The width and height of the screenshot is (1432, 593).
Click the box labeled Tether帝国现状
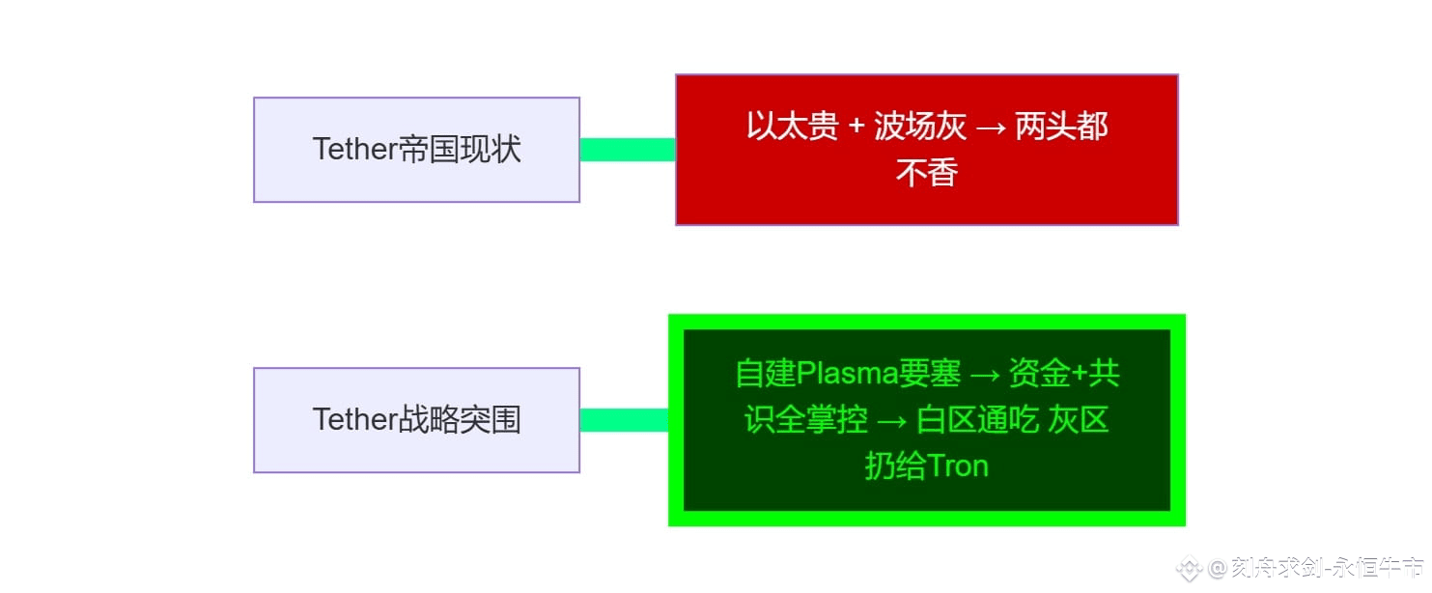click(416, 150)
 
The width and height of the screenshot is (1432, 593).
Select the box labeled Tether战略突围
click(416, 420)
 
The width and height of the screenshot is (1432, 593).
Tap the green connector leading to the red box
click(628, 150)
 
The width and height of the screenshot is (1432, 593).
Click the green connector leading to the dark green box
click(625, 420)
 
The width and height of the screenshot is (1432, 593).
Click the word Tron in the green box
click(957, 466)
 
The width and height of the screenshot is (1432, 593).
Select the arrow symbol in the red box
click(991, 127)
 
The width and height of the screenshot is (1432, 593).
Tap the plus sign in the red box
click(856, 127)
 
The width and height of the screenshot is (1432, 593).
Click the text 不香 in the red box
click(926, 173)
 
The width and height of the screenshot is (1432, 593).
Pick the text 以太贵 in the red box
click(792, 127)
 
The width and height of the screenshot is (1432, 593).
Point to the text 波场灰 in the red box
click(919, 127)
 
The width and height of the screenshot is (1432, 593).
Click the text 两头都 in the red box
click(1061, 127)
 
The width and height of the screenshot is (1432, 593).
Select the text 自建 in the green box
click(765, 373)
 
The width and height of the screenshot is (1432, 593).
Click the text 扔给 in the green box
click(895, 466)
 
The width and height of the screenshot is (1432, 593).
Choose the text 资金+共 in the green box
click(1064, 373)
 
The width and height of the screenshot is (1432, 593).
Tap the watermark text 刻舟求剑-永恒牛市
click(1328, 569)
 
